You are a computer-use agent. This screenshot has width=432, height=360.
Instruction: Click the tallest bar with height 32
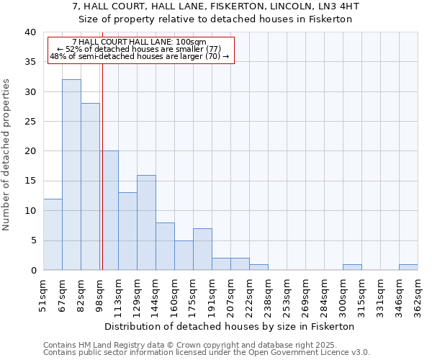71,175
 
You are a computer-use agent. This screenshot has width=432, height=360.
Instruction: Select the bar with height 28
90,186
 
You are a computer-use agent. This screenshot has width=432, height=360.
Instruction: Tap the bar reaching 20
109,210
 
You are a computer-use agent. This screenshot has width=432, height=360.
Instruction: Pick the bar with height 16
146,222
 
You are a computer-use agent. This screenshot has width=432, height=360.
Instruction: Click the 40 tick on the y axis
30,32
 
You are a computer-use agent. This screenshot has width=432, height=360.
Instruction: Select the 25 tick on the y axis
30,122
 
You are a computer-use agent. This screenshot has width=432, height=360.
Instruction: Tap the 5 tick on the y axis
32,240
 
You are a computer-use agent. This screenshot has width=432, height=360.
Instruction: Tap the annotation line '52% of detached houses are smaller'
143,49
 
